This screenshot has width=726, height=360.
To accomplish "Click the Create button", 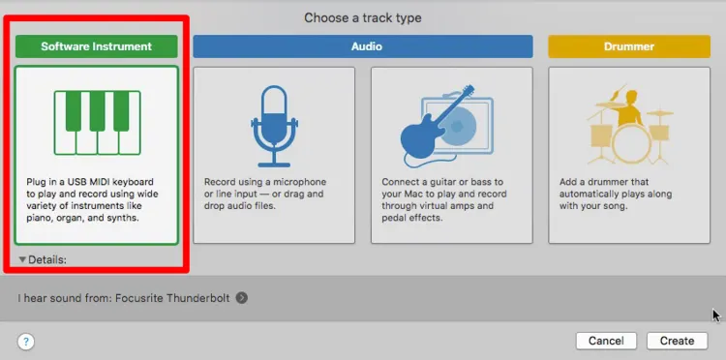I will [677, 341].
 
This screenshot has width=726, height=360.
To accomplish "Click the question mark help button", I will [26, 341].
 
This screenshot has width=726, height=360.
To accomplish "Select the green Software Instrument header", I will [97, 45].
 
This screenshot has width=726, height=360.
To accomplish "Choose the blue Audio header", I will [363, 45].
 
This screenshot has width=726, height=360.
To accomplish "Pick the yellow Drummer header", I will [628, 45].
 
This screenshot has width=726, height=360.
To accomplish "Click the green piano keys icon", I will [97, 123].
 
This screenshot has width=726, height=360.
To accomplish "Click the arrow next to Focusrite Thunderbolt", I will [242, 298].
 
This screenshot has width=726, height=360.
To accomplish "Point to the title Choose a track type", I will [363, 17].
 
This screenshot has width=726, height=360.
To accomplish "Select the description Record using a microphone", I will [265, 182].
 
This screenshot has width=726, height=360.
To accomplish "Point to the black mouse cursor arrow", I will [715, 315].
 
